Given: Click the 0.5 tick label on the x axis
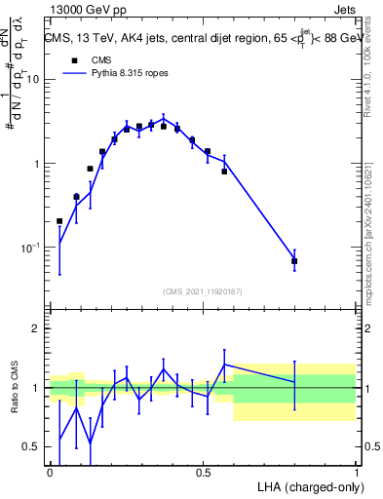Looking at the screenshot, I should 203,472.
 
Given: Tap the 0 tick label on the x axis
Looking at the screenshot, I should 50,472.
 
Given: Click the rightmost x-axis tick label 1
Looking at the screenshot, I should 356,472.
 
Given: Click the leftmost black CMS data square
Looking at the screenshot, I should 59,221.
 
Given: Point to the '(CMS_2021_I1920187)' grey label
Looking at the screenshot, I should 203,290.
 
